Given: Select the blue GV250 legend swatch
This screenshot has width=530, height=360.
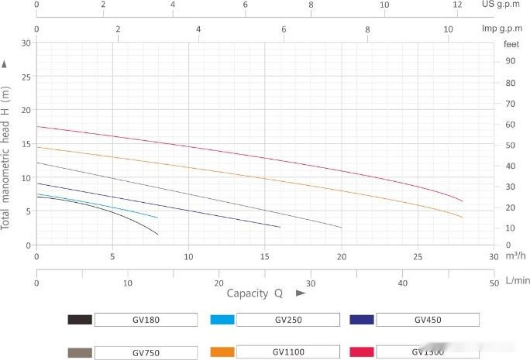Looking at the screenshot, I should coord(222,320).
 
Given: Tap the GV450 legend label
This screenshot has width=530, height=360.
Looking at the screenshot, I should coord(427,320).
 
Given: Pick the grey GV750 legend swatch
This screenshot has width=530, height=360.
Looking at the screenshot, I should coord(80,352).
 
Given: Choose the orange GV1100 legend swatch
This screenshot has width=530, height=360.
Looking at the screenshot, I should coord(222,352).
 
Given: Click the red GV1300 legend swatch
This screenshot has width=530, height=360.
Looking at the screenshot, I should coord(362,352).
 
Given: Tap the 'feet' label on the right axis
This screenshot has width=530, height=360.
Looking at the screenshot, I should coord(511,44).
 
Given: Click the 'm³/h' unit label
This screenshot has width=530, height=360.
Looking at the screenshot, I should coord(515,256).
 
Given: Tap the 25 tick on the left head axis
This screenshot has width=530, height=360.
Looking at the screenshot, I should coord(27,77).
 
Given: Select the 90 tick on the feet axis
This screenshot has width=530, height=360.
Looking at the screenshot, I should coord(511,61).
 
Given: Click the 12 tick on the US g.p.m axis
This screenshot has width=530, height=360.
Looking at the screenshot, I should coord(457,5).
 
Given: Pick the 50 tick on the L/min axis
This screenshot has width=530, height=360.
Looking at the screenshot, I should coord(494,283).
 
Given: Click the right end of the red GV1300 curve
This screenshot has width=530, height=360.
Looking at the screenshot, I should coord(463,201).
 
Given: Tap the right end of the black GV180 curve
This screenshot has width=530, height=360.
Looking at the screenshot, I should coord(158,234).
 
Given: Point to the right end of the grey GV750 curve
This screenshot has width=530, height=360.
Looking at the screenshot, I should coord(342,228).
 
